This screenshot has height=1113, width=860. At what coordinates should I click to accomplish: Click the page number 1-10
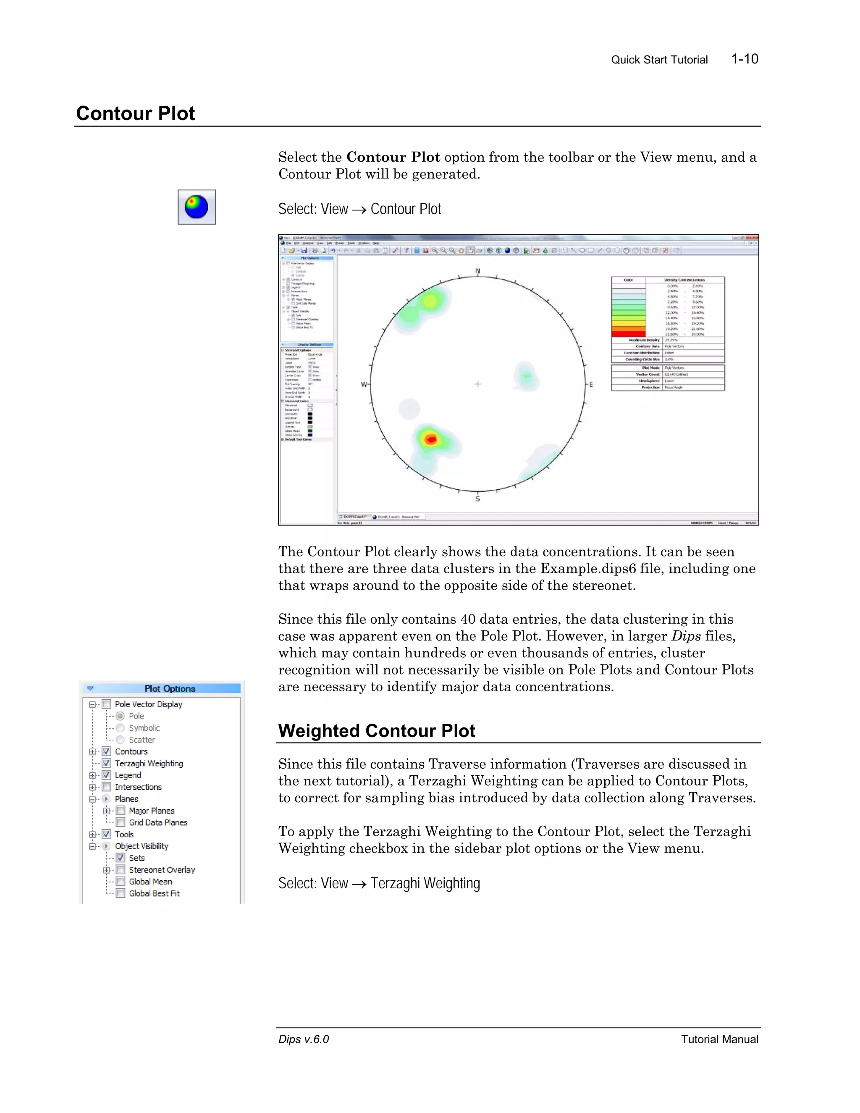click(x=745, y=59)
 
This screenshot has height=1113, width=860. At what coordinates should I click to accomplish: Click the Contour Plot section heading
click(x=136, y=113)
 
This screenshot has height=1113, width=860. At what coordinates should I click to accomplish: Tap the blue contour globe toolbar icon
click(x=197, y=207)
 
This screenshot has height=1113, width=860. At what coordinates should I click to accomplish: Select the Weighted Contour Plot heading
click(x=377, y=731)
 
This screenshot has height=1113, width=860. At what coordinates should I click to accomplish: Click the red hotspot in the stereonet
click(x=431, y=439)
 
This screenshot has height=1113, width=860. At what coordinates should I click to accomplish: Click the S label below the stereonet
click(x=477, y=499)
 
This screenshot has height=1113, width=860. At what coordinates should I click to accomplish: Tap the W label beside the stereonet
click(x=364, y=384)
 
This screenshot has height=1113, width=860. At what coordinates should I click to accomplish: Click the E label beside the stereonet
click(x=591, y=384)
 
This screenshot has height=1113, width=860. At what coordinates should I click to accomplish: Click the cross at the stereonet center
click(x=477, y=384)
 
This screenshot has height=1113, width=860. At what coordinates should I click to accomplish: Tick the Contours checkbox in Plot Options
click(x=107, y=751)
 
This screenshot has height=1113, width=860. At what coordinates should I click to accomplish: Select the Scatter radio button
click(x=120, y=740)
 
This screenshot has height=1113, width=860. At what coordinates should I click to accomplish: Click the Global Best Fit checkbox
click(x=121, y=893)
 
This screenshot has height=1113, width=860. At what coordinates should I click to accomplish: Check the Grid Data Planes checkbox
click(x=121, y=822)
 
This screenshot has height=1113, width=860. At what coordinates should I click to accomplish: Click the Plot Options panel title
click(x=170, y=688)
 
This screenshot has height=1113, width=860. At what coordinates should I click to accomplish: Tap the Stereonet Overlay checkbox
click(x=121, y=869)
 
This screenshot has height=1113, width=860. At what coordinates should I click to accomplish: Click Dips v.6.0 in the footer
click(x=304, y=1039)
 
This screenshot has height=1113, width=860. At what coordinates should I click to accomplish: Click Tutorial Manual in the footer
click(x=719, y=1039)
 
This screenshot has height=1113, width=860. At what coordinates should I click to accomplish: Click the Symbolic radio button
click(x=120, y=728)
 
